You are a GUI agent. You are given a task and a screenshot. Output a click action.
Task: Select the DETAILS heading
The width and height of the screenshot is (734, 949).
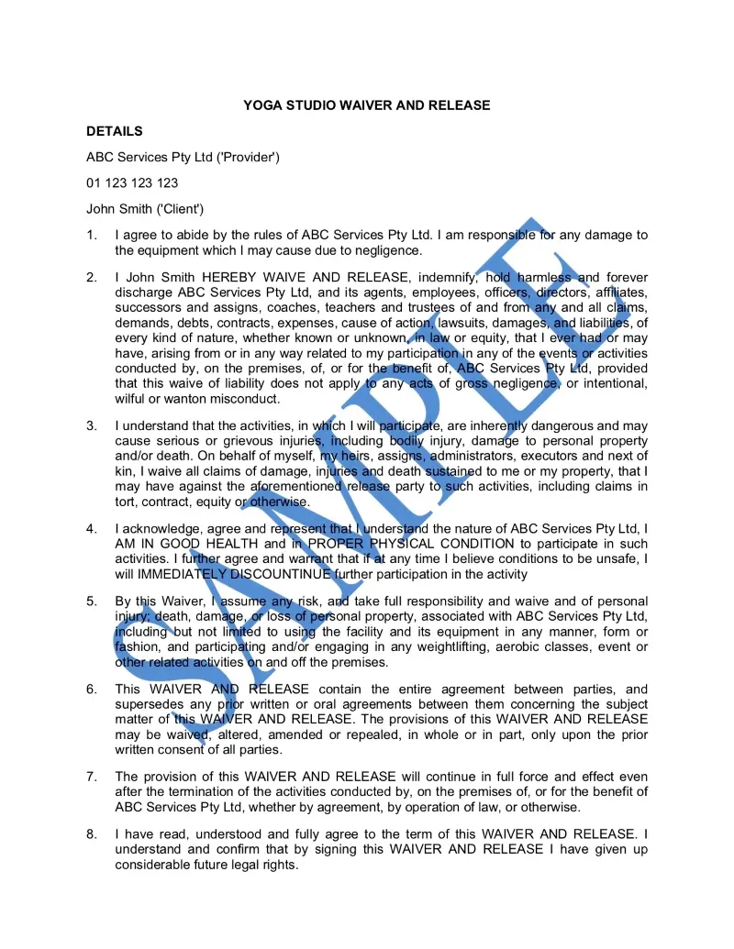point(115,131)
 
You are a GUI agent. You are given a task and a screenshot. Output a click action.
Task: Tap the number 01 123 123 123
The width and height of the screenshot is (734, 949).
point(132,183)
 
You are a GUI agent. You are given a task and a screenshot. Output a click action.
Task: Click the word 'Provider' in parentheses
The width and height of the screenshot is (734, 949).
point(248,158)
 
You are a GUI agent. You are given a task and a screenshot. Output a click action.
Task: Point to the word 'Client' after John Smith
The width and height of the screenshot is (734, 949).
point(181,209)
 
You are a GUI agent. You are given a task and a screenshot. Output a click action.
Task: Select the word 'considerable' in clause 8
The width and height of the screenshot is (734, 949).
point(154,864)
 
